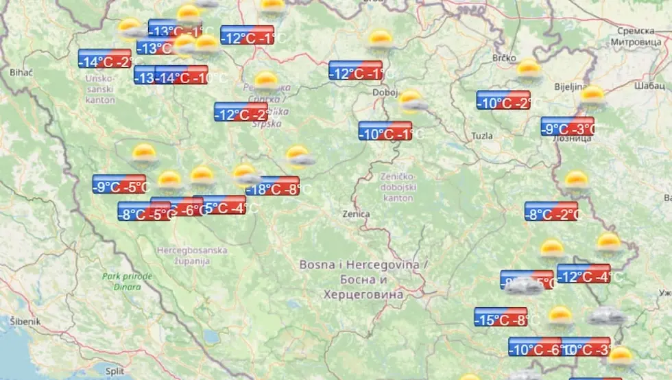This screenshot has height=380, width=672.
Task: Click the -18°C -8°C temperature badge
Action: [273, 186]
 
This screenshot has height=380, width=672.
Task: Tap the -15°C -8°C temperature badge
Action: [501, 317]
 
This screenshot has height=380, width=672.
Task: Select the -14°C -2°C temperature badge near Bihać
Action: [105, 59]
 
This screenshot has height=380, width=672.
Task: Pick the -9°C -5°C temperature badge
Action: [119, 184]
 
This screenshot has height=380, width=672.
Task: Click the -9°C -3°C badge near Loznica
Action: [567, 126]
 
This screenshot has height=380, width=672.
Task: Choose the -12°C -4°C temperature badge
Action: [584, 274]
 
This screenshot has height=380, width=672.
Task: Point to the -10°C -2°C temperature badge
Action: [503, 100]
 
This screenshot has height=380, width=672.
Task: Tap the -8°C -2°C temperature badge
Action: [551, 211]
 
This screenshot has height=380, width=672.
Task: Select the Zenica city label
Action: [356, 214]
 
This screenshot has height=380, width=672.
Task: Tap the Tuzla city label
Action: [481, 136]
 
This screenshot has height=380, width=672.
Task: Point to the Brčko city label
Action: [504, 58]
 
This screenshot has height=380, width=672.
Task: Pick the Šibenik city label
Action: [25, 321]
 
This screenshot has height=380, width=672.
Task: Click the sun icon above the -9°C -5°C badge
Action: [144, 154]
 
